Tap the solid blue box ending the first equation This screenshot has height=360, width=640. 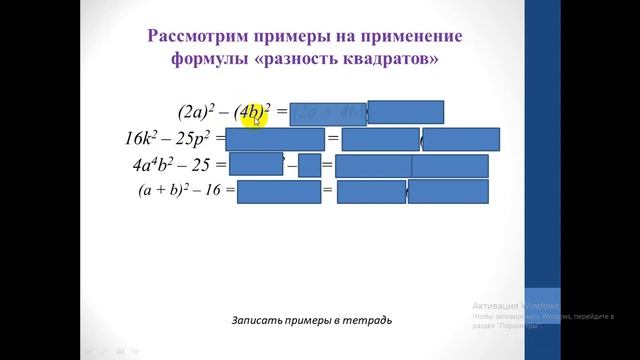[405, 112]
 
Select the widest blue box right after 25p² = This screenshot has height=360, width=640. [275, 139]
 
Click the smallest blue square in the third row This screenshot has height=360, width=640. [309, 165]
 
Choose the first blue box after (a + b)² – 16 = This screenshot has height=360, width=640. [278, 191]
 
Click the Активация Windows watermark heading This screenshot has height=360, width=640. [515, 304]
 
